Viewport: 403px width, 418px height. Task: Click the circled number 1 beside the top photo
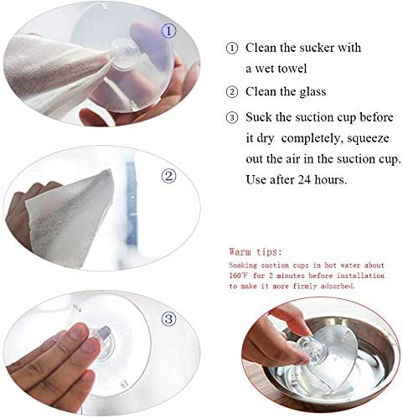(169, 32)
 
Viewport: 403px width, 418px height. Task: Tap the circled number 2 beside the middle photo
(168, 176)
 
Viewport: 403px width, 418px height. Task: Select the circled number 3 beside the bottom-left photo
(169, 318)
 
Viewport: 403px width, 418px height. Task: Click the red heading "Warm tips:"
(256, 250)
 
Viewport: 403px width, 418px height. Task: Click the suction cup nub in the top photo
(123, 55)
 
